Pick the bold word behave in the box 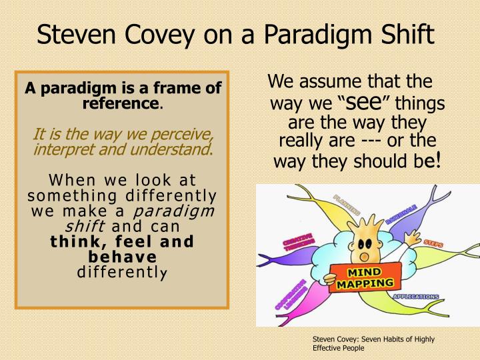(x=122, y=257)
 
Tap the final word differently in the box (x=122, y=272)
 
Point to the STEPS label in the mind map (x=432, y=244)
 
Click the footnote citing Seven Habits (x=373, y=343)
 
